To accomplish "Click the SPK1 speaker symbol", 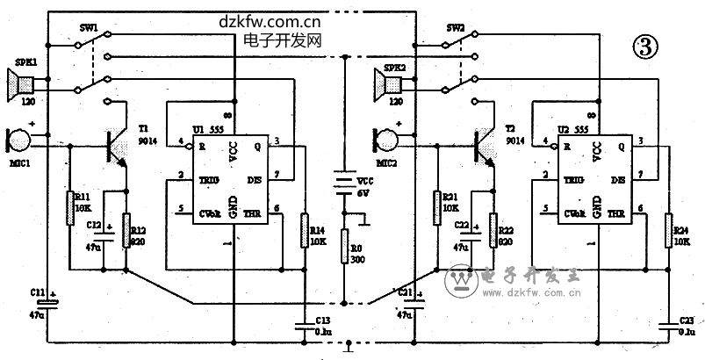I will [21, 85].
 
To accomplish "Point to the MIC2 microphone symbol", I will [385, 139].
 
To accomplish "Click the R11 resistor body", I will [68, 207].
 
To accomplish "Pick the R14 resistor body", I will [304, 228].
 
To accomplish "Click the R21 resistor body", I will [435, 207].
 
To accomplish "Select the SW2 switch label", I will [455, 27].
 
